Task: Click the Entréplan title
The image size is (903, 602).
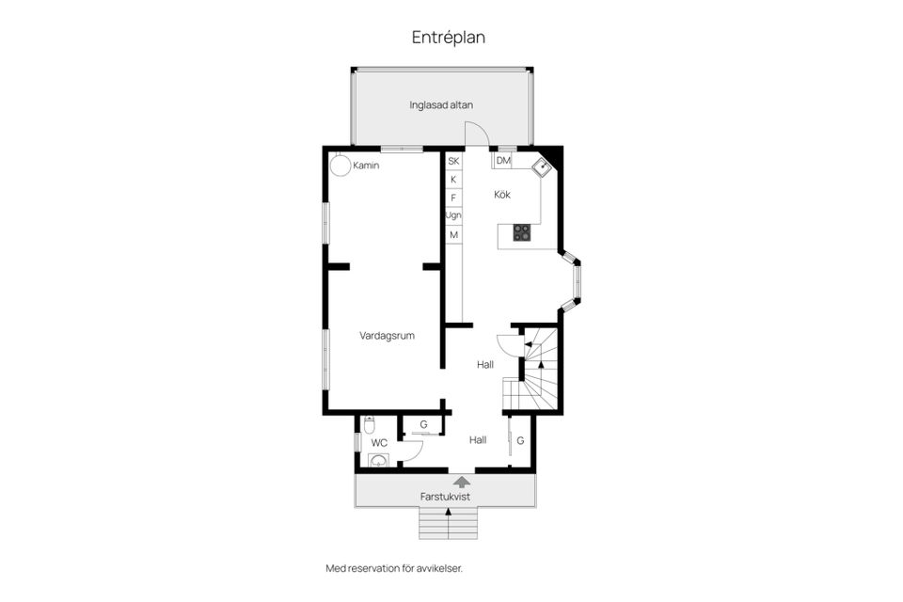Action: tap(448, 38)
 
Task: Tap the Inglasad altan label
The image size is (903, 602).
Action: tap(441, 104)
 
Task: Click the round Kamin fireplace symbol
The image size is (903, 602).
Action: tap(340, 165)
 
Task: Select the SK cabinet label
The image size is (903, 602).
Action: tap(453, 161)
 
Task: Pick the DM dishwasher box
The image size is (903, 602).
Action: tap(502, 161)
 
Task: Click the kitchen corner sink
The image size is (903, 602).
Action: tap(541, 167)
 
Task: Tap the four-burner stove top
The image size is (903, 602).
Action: tap(522, 232)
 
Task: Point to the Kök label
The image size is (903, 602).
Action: tap(502, 195)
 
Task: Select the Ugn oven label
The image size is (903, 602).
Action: tap(453, 215)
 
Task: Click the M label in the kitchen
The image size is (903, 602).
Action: tap(453, 235)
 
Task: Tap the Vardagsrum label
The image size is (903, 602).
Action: tap(387, 336)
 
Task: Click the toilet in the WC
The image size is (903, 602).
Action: tap(369, 424)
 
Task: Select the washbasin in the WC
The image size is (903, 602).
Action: tap(378, 460)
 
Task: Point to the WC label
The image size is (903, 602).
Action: tap(379, 443)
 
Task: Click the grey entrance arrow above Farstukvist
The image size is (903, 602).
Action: tap(461, 483)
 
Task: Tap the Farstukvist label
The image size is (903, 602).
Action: tap(445, 497)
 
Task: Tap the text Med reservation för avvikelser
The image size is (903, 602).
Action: tap(394, 568)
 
